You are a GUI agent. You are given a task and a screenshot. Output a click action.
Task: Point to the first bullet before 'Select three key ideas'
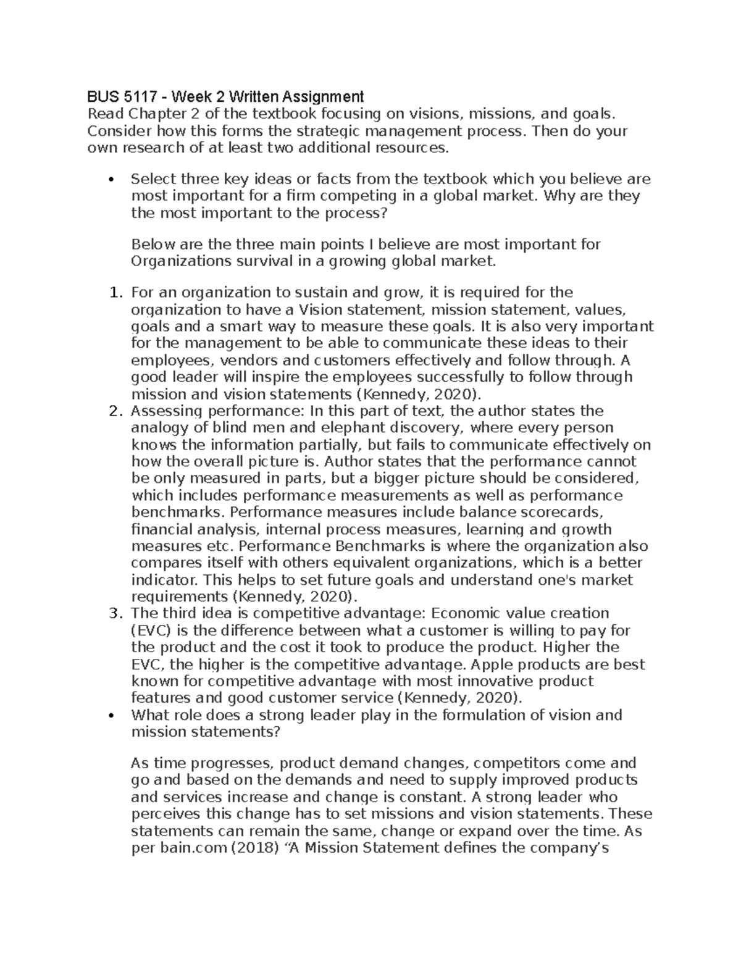[x=111, y=180]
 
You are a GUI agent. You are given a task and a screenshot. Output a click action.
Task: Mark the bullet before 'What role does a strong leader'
[x=111, y=716]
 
